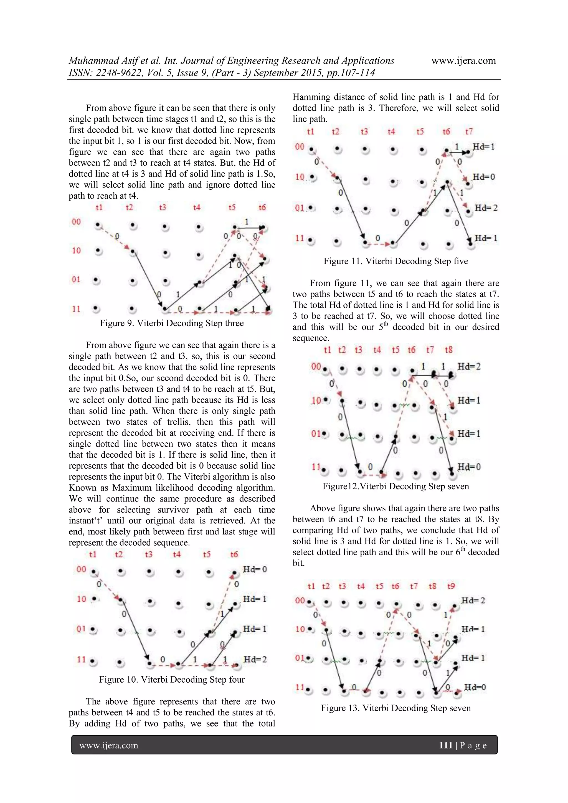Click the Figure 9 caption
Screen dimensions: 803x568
pos(172,323)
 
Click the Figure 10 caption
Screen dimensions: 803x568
pos(172,680)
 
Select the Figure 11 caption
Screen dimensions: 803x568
pos(395,261)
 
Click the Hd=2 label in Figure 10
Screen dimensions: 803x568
pos(255,659)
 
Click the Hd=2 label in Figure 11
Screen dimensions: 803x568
pos(486,208)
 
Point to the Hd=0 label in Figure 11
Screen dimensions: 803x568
pos(484,177)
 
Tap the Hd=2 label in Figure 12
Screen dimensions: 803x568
pos(469,366)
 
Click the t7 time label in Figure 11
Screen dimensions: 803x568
pos(469,131)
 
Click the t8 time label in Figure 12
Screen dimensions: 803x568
pos(448,350)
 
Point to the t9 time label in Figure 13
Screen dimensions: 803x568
pos(451,586)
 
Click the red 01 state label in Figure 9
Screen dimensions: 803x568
pos(76,279)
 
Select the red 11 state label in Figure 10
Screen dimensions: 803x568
pos(82,659)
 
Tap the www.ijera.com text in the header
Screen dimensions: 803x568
pos(463,61)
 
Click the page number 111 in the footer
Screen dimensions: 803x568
pos(446,745)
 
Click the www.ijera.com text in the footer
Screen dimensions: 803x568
pos(109,745)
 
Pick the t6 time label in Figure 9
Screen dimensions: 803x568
pos(262,208)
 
